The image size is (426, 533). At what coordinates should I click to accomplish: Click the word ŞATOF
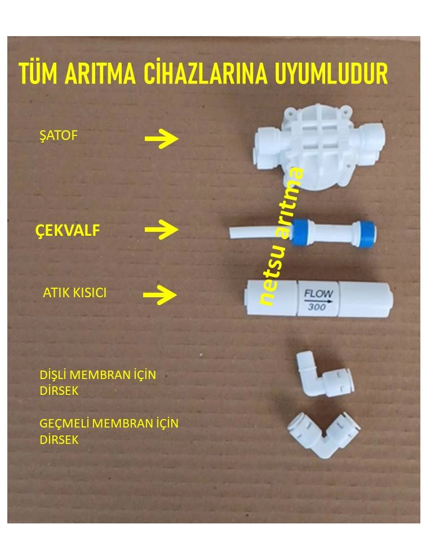coord(57,136)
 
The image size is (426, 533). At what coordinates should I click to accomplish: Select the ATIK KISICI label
coord(74,294)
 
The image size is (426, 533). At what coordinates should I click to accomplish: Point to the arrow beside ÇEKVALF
coord(161,230)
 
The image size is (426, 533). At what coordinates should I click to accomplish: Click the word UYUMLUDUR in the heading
coord(331,74)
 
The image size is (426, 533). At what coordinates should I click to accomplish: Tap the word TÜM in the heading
coord(37,74)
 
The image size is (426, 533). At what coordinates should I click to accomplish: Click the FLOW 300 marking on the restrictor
coord(319,299)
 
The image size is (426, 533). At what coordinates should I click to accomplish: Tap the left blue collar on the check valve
coord(299,232)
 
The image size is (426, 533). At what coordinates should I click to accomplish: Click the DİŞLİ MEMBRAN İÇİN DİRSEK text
coord(97,382)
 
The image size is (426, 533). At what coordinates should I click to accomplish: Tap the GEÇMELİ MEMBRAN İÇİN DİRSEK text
coord(109,431)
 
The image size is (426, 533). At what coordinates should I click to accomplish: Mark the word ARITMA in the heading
coord(105,74)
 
